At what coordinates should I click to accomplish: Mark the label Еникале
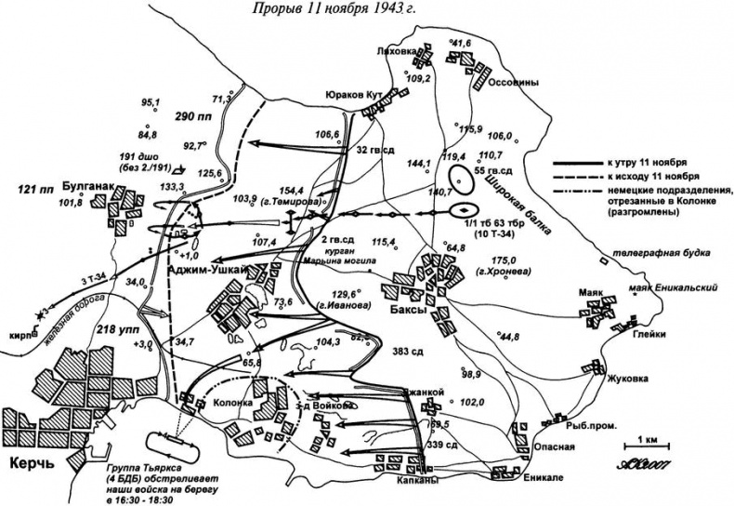[518, 480]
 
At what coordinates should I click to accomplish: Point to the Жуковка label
[601, 379]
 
